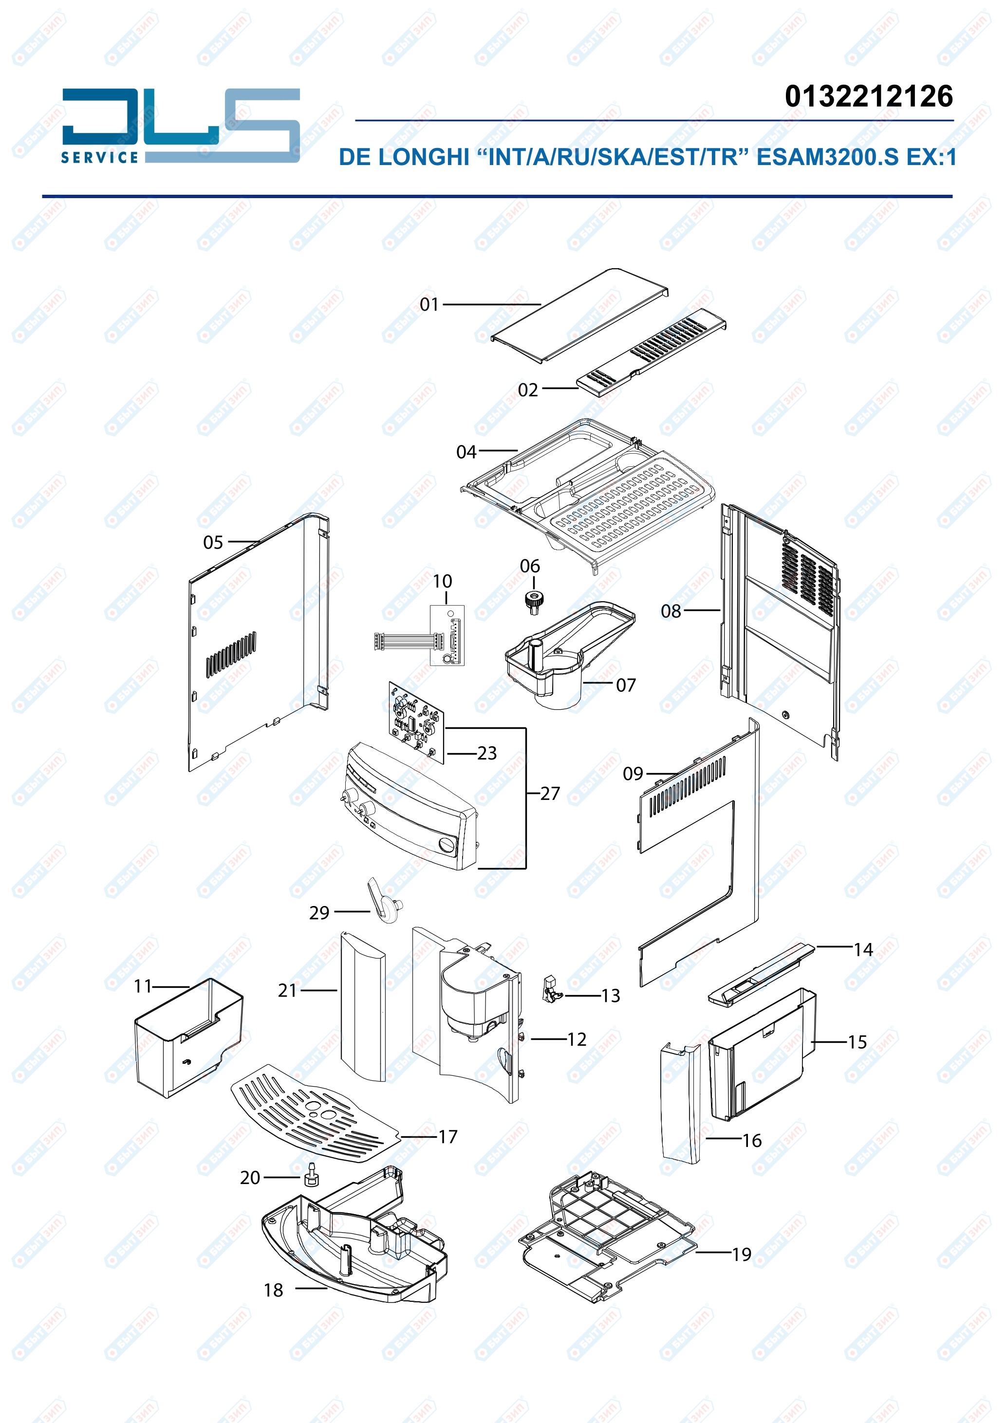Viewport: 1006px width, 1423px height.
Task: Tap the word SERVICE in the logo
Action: click(x=99, y=157)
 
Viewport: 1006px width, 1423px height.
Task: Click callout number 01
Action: click(x=429, y=304)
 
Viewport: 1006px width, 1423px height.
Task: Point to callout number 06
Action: click(x=529, y=566)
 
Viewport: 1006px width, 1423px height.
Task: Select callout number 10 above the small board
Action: click(x=442, y=581)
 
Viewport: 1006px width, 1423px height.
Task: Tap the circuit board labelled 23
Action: click(x=416, y=722)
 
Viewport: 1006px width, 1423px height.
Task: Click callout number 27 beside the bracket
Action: click(x=550, y=794)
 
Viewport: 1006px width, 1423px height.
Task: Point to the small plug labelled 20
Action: click(x=311, y=1173)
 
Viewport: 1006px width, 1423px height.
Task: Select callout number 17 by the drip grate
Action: click(x=447, y=1137)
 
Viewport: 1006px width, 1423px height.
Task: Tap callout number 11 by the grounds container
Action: click(x=143, y=986)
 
